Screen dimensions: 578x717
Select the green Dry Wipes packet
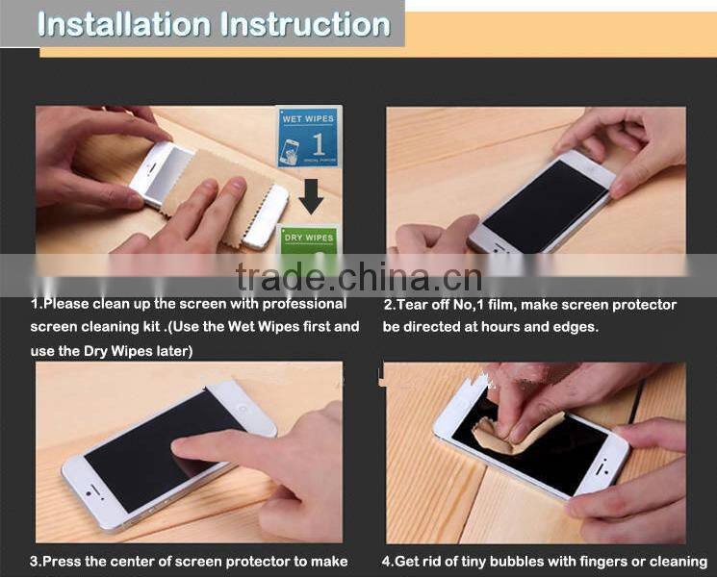coord(308,239)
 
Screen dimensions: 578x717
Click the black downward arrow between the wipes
coord(310,198)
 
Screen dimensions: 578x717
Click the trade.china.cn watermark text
coord(358,278)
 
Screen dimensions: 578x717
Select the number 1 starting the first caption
coord(35,305)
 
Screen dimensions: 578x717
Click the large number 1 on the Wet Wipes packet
coord(319,144)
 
